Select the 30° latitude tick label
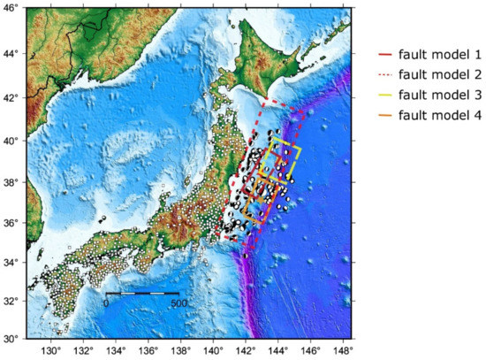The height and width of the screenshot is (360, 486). coord(11,338)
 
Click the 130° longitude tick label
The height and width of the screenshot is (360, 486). coord(50,350)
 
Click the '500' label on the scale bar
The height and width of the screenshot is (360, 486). coord(178,303)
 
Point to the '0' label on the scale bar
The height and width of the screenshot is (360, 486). coord(106,303)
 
